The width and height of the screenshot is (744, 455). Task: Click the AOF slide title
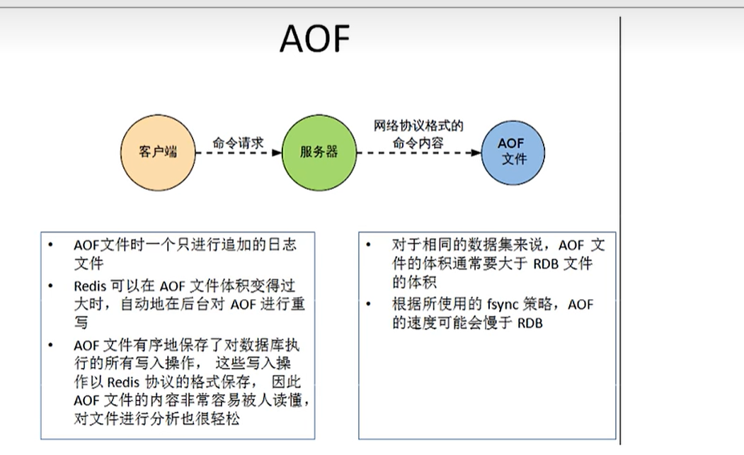(315, 38)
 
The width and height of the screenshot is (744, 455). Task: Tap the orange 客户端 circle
(157, 152)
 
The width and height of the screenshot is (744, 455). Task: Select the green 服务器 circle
(319, 152)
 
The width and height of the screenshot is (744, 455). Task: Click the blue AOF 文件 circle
(513, 151)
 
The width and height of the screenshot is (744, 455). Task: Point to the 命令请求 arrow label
(238, 142)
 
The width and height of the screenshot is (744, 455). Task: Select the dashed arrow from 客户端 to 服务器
(238, 152)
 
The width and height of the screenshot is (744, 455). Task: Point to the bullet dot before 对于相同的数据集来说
(369, 245)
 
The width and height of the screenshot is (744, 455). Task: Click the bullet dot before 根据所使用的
(369, 304)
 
